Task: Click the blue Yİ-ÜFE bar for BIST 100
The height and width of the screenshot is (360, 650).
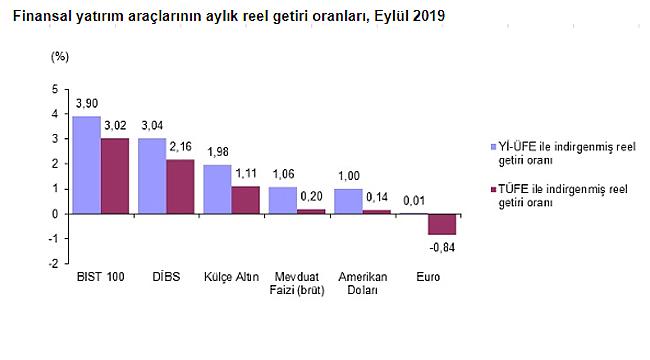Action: coord(86,165)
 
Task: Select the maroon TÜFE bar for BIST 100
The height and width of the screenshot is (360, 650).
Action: coord(115,176)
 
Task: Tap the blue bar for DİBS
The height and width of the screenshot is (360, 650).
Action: coord(152,176)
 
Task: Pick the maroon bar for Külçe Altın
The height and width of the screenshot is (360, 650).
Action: coord(245,200)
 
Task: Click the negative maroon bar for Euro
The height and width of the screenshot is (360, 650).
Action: coord(442,224)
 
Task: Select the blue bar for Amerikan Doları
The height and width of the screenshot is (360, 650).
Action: coord(348,201)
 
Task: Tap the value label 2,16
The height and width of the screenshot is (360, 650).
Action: coord(181,147)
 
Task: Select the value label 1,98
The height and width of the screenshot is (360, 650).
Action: coord(217,152)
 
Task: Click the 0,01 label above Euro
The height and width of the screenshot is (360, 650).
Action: coord(413,201)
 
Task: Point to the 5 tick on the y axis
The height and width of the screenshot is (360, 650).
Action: coord(54,90)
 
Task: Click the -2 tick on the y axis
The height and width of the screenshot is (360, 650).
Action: coord(52,264)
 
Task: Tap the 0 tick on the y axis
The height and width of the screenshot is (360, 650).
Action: coord(54,214)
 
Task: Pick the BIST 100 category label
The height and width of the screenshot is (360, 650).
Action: coord(100,276)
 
